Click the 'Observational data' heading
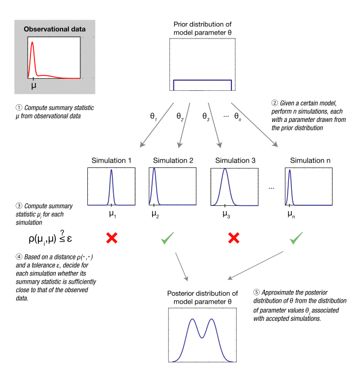click(55, 29)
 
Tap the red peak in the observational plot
click(32, 43)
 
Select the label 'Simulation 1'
click(111, 160)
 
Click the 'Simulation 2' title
click(173, 160)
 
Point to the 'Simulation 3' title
click(235, 160)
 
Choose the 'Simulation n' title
click(310, 160)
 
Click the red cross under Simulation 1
click(112, 238)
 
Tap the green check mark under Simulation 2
click(167, 238)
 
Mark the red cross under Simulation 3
click(234, 238)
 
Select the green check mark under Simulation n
click(296, 238)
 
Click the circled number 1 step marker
click(19, 108)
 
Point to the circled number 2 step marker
click(275, 103)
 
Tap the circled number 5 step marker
click(256, 292)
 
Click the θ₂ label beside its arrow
click(180, 117)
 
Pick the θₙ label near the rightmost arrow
click(238, 117)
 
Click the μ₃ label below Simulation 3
click(226, 215)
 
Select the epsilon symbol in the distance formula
click(69, 239)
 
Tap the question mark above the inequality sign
click(62, 232)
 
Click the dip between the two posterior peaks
click(202, 338)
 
